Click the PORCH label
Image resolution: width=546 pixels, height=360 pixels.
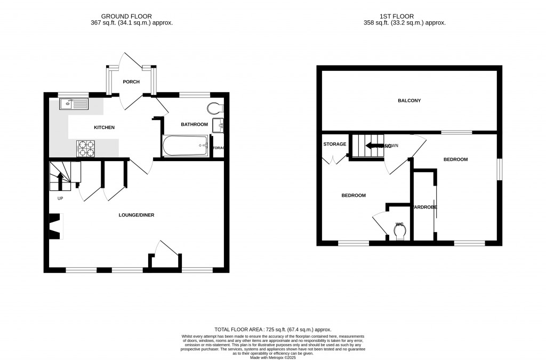click(131, 82)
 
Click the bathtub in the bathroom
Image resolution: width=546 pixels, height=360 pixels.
click(185, 146)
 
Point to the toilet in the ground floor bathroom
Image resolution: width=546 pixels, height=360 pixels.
click(216, 108)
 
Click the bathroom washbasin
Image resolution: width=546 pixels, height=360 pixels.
click(218, 126)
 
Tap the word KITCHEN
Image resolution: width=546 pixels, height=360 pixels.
click(104, 127)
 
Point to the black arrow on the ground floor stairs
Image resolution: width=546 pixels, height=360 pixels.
click(60, 178)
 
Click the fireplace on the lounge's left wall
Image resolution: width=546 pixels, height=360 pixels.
click(55, 226)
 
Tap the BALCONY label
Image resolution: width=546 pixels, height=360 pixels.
click(408, 100)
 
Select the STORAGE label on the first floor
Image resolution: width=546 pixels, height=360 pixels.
click(334, 144)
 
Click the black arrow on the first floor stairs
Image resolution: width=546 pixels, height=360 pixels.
click(375, 145)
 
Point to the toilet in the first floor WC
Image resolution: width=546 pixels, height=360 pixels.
click(400, 231)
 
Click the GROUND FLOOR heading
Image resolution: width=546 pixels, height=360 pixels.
click(131, 17)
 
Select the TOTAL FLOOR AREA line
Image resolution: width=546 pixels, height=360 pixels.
click(276, 330)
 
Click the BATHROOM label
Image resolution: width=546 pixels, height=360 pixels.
click(194, 124)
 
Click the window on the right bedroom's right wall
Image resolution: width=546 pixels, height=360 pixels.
click(499, 170)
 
